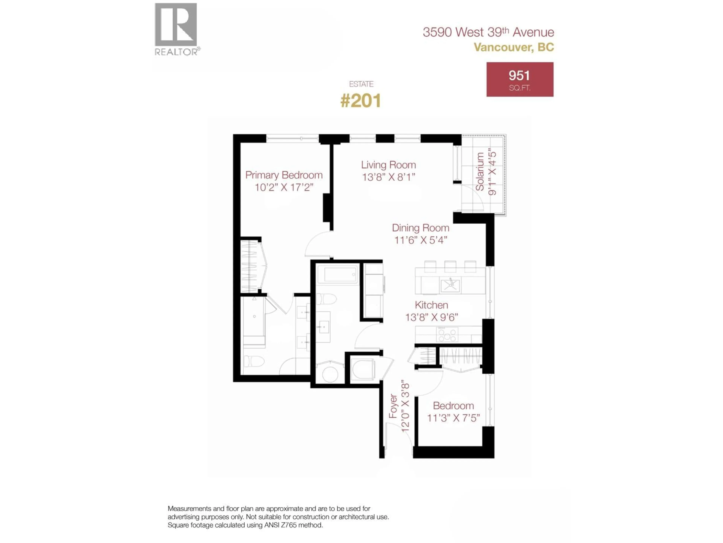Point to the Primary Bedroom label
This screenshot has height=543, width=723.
pyautogui.click(x=284, y=175)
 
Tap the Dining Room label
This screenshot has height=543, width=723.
pyautogui.click(x=420, y=228)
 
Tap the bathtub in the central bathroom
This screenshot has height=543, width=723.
pyautogui.click(x=338, y=275)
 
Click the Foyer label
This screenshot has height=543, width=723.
pyautogui.click(x=393, y=406)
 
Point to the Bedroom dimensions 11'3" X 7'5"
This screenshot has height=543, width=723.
pyautogui.click(x=453, y=418)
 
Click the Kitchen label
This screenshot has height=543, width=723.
pyautogui.click(x=431, y=305)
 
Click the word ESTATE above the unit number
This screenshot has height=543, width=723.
pyautogui.click(x=361, y=84)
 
